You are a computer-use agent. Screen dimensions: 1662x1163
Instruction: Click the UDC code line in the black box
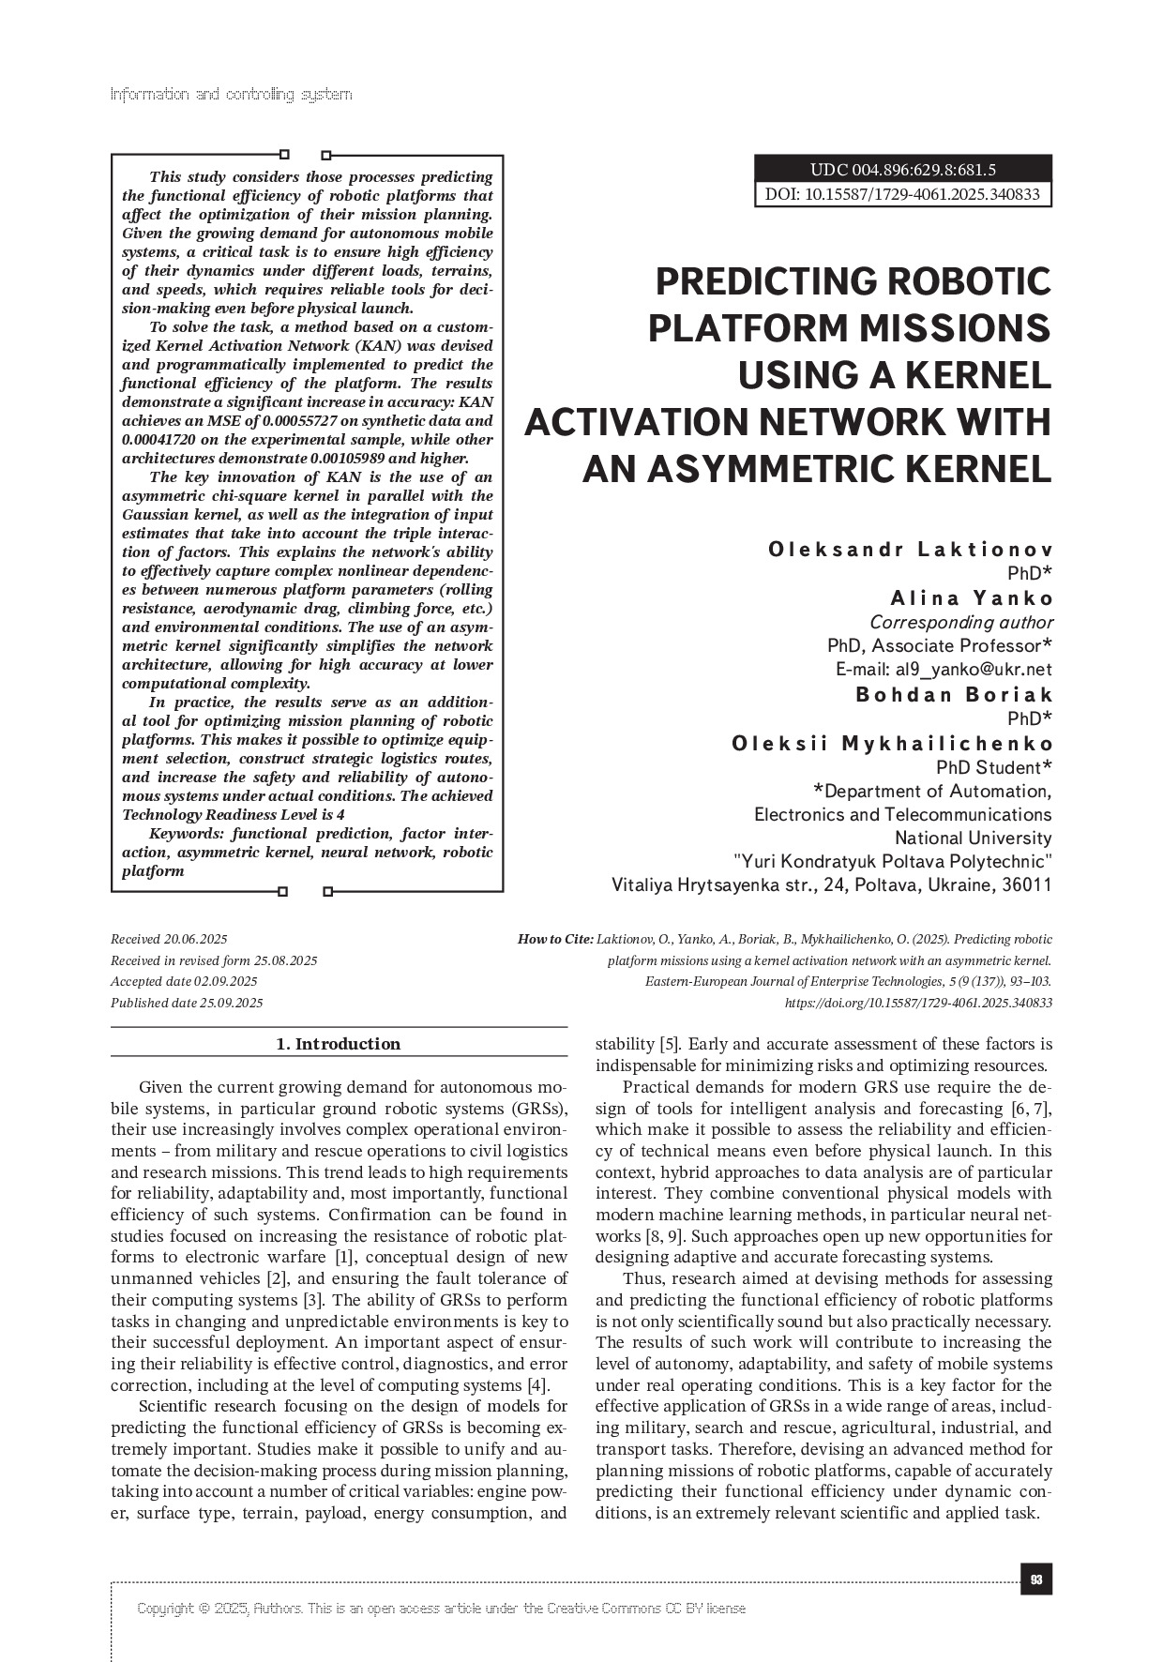[x=902, y=170]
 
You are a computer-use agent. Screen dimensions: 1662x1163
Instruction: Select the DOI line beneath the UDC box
[x=902, y=194]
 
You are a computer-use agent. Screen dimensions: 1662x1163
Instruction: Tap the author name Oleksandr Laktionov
[x=910, y=549]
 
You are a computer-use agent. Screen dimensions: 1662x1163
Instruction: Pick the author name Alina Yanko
[x=971, y=598]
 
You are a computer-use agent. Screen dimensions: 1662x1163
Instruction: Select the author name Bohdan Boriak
[x=954, y=695]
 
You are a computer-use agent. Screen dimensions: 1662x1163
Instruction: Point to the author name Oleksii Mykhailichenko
[x=892, y=744]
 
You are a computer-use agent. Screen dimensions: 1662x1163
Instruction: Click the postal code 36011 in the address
[x=1027, y=885]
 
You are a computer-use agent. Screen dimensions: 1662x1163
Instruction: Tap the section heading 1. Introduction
[x=339, y=1044]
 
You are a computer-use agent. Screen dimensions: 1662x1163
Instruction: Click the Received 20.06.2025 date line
[x=169, y=939]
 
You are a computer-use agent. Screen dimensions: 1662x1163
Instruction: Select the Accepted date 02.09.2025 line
[x=184, y=981]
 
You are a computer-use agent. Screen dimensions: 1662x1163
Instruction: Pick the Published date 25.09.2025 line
[x=187, y=1003]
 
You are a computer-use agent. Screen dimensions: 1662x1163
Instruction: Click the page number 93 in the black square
[x=1035, y=1580]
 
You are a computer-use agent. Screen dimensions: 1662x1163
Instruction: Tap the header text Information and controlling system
[x=231, y=94]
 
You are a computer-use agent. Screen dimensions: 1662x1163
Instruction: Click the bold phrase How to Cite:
[x=555, y=939]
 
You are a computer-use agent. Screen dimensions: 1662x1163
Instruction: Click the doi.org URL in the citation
[x=917, y=1003]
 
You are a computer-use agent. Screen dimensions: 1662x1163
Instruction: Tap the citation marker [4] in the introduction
[x=537, y=1385]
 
